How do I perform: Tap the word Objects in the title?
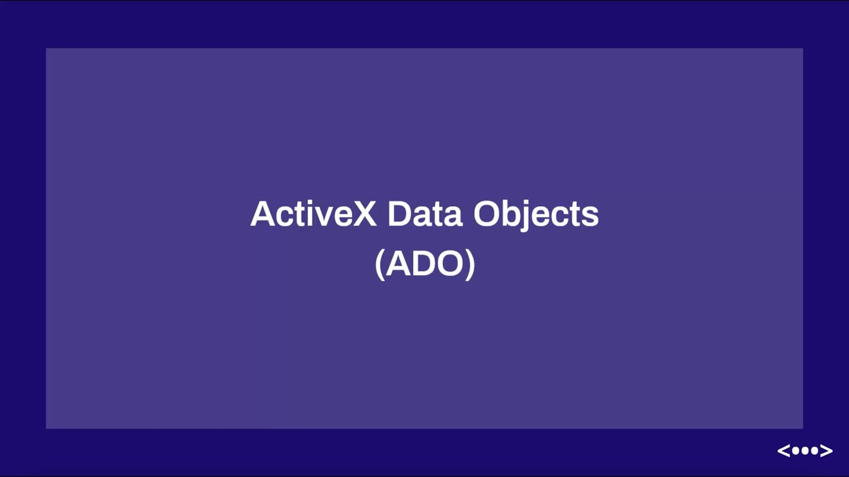click(536, 215)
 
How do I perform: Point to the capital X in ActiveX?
click(363, 214)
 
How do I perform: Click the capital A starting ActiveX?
click(263, 214)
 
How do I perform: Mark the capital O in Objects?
click(488, 214)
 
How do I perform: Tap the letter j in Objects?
click(526, 216)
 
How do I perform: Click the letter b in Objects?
click(513, 214)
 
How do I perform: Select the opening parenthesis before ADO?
click(379, 264)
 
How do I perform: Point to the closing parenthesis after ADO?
click(470, 264)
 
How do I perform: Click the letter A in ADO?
click(397, 264)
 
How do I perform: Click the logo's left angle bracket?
click(784, 451)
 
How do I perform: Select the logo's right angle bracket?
click(826, 451)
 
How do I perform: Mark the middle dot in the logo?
click(805, 451)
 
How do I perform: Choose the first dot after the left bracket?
click(796, 451)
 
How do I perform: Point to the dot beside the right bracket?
click(815, 451)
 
